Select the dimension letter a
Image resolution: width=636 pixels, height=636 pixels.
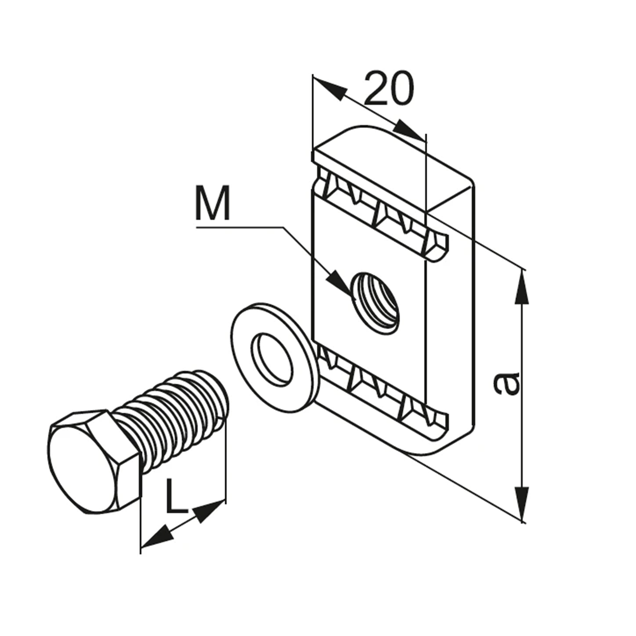506,384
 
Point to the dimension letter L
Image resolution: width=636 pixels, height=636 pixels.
176,501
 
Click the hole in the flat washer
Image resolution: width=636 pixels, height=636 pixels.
272,359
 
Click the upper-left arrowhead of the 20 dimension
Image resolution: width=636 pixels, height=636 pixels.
330,88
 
